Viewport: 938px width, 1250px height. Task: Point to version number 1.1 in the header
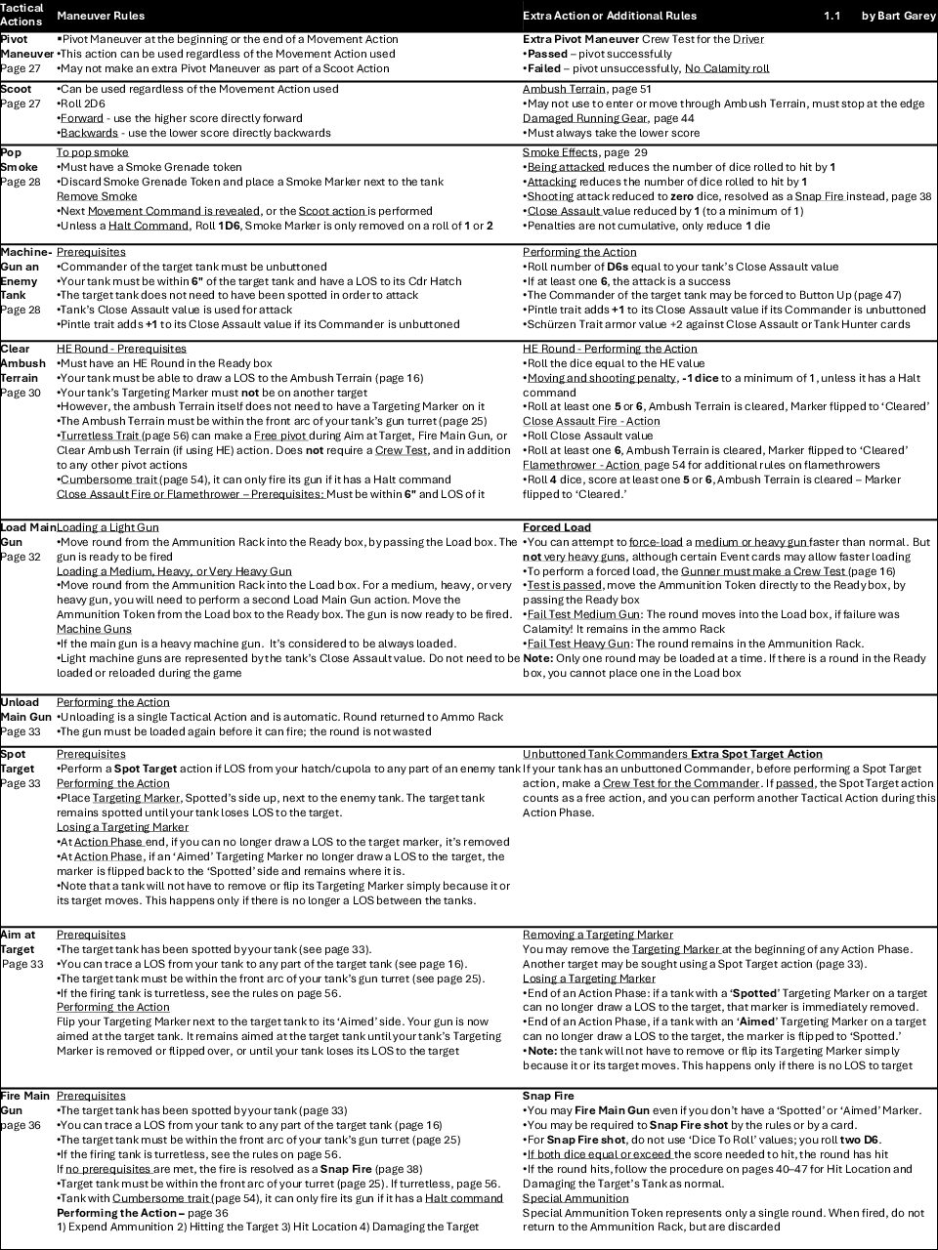(x=831, y=16)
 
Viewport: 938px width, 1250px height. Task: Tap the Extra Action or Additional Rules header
(x=610, y=16)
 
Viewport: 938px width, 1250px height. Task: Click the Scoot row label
(x=16, y=89)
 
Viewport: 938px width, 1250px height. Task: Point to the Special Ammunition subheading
(x=576, y=1198)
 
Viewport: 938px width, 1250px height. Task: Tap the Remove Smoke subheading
(x=97, y=196)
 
